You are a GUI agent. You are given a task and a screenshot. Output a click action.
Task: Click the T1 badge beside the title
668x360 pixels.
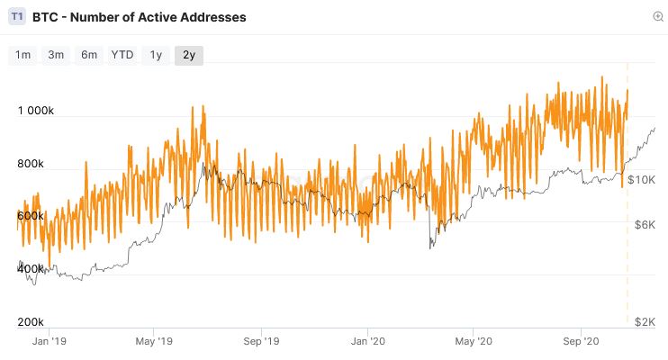coord(17,17)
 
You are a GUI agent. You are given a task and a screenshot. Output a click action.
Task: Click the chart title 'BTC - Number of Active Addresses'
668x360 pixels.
coord(139,17)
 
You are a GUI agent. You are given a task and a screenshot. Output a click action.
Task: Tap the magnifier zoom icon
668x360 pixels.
coord(658,16)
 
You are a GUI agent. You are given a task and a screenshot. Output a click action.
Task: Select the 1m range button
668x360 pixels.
coord(23,55)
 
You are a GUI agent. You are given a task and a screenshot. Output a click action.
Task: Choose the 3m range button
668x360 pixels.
coord(56,55)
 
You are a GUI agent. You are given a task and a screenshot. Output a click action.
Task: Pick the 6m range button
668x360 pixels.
coord(89,55)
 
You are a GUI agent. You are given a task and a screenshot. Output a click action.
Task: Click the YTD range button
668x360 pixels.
coord(122,55)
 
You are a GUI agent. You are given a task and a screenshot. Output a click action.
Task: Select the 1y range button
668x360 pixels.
coord(156,55)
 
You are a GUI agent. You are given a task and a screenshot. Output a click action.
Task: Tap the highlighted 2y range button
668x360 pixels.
coord(189,55)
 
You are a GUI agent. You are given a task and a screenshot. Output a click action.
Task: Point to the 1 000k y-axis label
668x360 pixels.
coord(36,112)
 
